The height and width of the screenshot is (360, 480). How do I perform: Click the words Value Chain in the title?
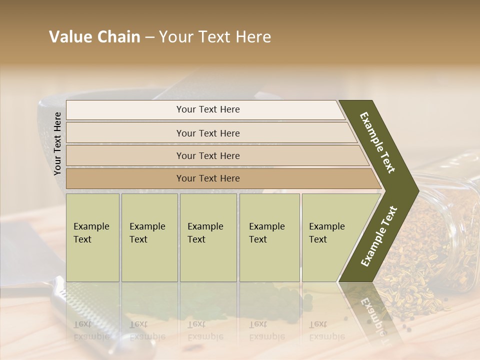[94, 37]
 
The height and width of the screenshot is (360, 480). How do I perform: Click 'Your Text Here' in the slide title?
[215, 37]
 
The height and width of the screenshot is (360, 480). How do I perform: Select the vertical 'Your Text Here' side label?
[57, 144]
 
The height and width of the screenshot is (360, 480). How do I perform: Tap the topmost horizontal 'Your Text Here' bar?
[207, 109]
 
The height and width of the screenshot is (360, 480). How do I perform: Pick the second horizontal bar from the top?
[207, 133]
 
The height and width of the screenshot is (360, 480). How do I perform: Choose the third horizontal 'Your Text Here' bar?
[207, 155]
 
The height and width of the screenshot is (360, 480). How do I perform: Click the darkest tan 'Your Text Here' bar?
[207, 178]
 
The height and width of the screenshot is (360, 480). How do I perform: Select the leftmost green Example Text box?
[92, 237]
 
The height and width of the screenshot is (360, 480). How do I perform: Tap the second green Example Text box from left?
[149, 237]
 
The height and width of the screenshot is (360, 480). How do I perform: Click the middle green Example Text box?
[208, 237]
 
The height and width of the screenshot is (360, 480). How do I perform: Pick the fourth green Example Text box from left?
[269, 237]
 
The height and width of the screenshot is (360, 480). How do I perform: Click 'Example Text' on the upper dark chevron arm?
[377, 142]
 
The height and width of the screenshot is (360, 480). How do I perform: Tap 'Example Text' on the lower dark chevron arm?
[379, 236]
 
